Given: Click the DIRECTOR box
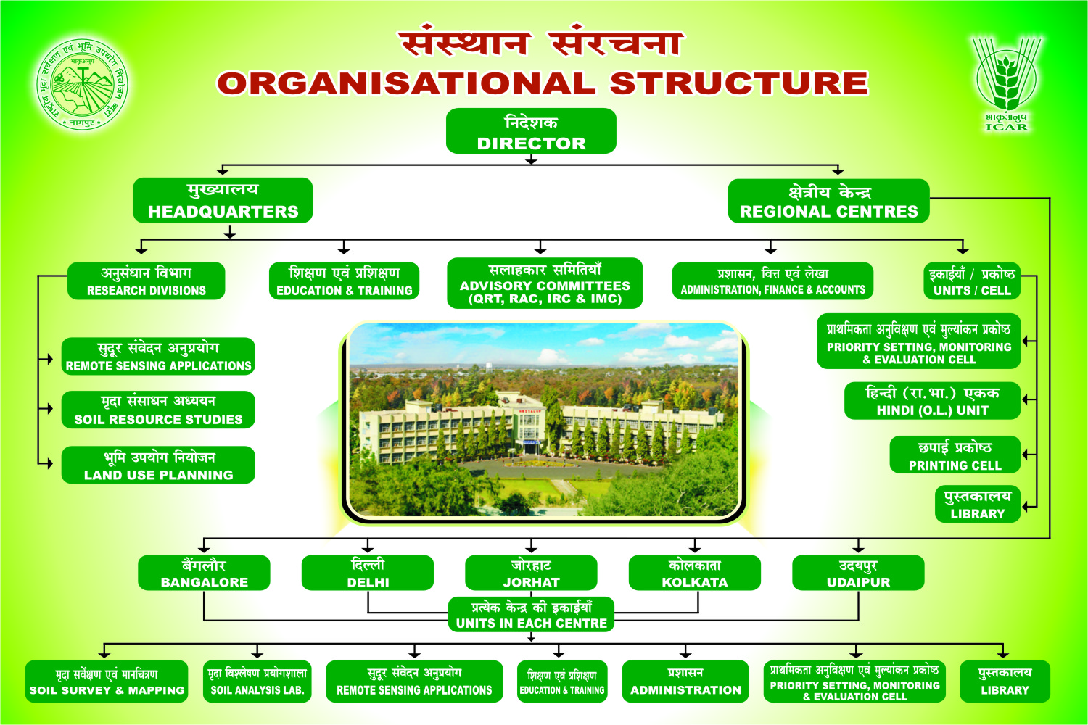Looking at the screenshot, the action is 531,131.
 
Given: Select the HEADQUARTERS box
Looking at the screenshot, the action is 223,200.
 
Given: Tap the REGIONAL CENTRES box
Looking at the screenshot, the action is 828,201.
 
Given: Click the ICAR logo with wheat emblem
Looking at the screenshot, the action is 1007,83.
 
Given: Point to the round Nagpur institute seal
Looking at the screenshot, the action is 83,84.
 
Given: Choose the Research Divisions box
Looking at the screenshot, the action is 147,281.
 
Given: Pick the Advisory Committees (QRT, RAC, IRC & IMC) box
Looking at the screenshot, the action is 545,283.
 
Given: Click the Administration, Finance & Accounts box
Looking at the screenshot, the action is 772,281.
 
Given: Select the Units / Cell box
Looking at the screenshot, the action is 972,281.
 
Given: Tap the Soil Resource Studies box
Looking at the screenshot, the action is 158,410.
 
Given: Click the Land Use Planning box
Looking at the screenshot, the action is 158,465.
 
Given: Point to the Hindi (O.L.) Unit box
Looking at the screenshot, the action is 933,401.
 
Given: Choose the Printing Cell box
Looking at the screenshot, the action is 955,455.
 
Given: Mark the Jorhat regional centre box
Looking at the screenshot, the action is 532,573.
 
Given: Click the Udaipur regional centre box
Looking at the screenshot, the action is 858,573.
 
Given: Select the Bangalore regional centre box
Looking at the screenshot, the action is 204,573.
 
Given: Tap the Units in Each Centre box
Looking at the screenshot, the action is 532,614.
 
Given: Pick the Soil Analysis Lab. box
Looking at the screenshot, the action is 257,681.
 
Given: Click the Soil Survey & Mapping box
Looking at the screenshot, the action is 107,681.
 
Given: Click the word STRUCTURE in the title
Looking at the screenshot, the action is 739,83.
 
